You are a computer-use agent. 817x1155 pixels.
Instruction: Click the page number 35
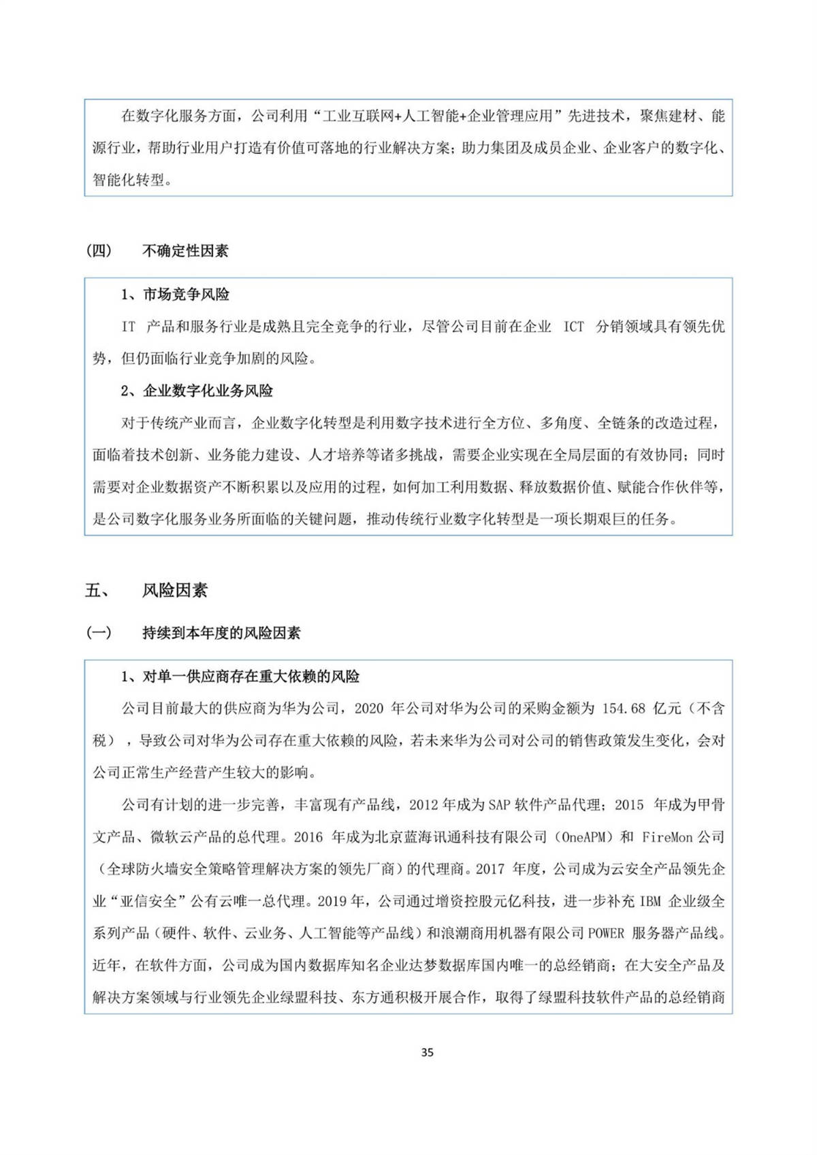[427, 1052]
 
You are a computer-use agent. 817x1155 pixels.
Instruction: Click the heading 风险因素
[174, 590]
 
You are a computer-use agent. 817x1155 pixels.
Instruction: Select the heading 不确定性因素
[185, 250]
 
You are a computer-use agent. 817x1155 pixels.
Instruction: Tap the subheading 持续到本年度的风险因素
[221, 633]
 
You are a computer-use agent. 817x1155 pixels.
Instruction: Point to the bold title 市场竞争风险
[186, 294]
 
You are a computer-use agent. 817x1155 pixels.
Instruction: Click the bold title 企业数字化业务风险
[208, 391]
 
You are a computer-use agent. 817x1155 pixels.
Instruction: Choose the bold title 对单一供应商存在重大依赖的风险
[251, 677]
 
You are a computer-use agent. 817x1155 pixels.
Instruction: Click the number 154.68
[624, 709]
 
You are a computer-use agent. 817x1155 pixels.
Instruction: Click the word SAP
[499, 805]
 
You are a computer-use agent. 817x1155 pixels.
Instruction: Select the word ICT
[573, 327]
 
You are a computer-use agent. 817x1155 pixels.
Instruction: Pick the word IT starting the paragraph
[129, 327]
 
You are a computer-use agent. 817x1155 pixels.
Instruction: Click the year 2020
[369, 709]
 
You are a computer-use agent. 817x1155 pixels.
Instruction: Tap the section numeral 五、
[97, 590]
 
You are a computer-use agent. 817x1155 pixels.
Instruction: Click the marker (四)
[99, 250]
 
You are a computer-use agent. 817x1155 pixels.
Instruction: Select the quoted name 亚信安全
[148, 901]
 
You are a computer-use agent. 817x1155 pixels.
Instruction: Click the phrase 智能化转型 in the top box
[129, 180]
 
